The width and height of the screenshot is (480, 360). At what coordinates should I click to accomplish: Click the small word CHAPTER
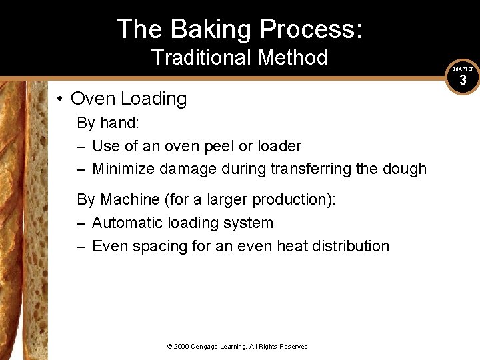pos(463,69)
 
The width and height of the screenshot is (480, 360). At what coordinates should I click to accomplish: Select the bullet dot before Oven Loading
pos(60,99)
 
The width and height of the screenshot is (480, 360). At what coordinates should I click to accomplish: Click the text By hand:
pos(104,123)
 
